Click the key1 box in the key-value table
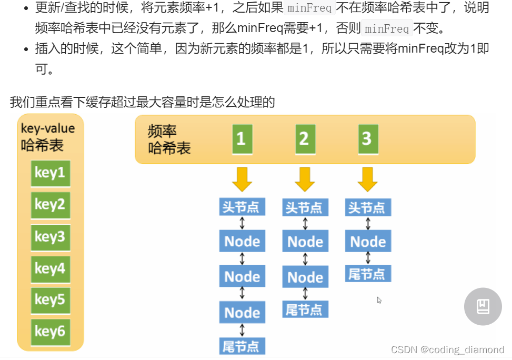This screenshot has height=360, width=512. click(50, 173)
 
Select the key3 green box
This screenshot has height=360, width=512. click(50, 237)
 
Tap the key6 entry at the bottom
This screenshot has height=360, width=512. click(50, 331)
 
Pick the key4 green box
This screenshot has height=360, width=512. click(50, 269)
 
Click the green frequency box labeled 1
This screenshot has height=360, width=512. click(242, 139)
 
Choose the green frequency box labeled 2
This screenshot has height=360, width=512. click(304, 139)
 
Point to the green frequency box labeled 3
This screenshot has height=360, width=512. click(367, 139)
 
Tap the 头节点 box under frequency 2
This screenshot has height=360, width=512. click(305, 207)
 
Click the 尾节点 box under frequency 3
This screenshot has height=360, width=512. click(368, 274)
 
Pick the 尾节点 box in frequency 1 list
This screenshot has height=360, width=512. click(242, 346)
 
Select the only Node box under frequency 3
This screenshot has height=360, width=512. click(368, 242)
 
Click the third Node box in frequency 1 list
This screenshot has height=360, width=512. click(242, 313)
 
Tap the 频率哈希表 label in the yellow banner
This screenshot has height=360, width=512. click(169, 140)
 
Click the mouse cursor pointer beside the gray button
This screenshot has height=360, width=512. click(379, 301)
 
